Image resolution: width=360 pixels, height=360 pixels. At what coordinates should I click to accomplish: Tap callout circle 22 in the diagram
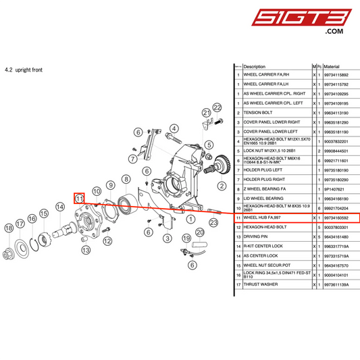pyautogui.click(x=217, y=107)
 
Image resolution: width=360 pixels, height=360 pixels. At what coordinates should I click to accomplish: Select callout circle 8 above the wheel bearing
pyautogui.click(x=126, y=179)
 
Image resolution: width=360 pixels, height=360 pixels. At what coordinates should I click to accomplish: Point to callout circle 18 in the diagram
pyautogui.click(x=9, y=229)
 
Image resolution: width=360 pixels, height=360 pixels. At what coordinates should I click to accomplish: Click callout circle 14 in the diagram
pyautogui.click(x=59, y=207)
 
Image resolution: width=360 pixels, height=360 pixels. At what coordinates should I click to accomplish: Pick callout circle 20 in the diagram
pyautogui.click(x=199, y=232)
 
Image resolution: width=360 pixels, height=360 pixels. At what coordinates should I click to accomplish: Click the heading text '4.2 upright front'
pyautogui.click(x=24, y=70)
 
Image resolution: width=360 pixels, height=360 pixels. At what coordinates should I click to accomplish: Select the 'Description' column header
pyautogui.click(x=255, y=67)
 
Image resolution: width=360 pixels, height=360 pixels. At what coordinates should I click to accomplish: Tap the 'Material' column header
pyautogui.click(x=332, y=67)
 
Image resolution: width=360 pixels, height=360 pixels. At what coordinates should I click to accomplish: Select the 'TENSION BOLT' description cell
pyautogui.click(x=257, y=113)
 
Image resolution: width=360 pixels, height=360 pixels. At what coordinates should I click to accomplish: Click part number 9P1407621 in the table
pyautogui.click(x=335, y=190)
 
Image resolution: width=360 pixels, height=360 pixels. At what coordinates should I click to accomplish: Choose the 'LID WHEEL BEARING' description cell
pyautogui.click(x=262, y=199)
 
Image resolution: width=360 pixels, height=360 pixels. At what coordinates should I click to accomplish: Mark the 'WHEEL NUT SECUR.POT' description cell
pyautogui.click(x=265, y=266)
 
